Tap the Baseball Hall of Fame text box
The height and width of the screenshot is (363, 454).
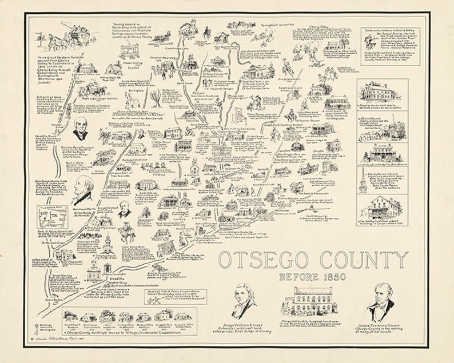point(174,297)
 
